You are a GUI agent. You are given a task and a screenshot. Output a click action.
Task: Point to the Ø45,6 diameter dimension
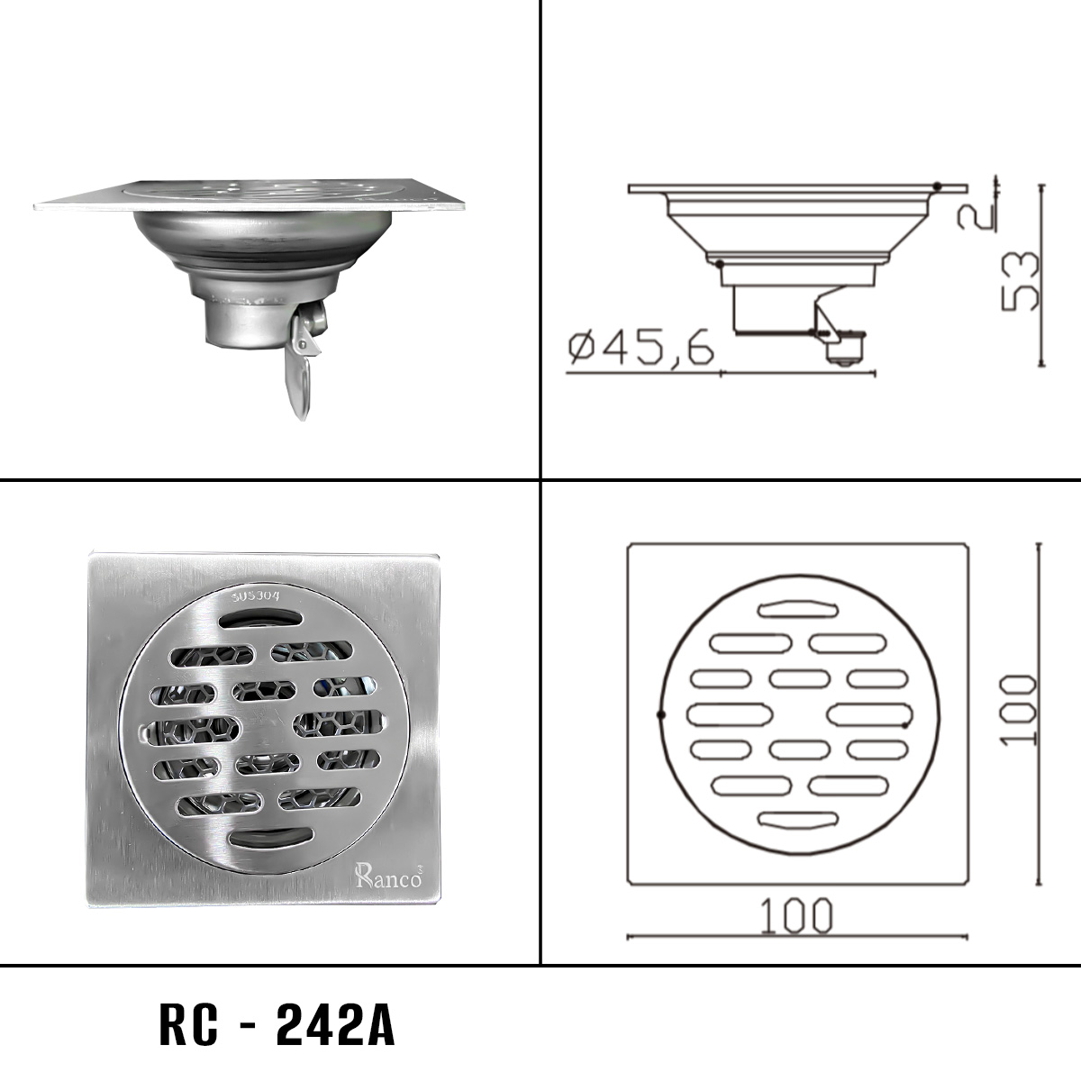point(641,348)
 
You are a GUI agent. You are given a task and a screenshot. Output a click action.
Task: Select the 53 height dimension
point(1021,280)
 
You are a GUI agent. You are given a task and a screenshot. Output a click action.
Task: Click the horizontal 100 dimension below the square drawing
point(796,916)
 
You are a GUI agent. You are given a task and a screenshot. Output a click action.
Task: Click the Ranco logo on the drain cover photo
point(387,876)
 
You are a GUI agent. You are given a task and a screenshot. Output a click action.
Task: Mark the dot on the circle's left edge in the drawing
point(661,714)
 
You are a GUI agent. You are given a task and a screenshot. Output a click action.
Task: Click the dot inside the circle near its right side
point(905,724)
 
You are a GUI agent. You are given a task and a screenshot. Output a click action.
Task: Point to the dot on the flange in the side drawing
point(938,186)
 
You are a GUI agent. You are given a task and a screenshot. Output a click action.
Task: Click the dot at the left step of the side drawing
point(718,264)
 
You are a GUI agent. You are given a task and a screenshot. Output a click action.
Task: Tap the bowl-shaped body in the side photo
point(261,237)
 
